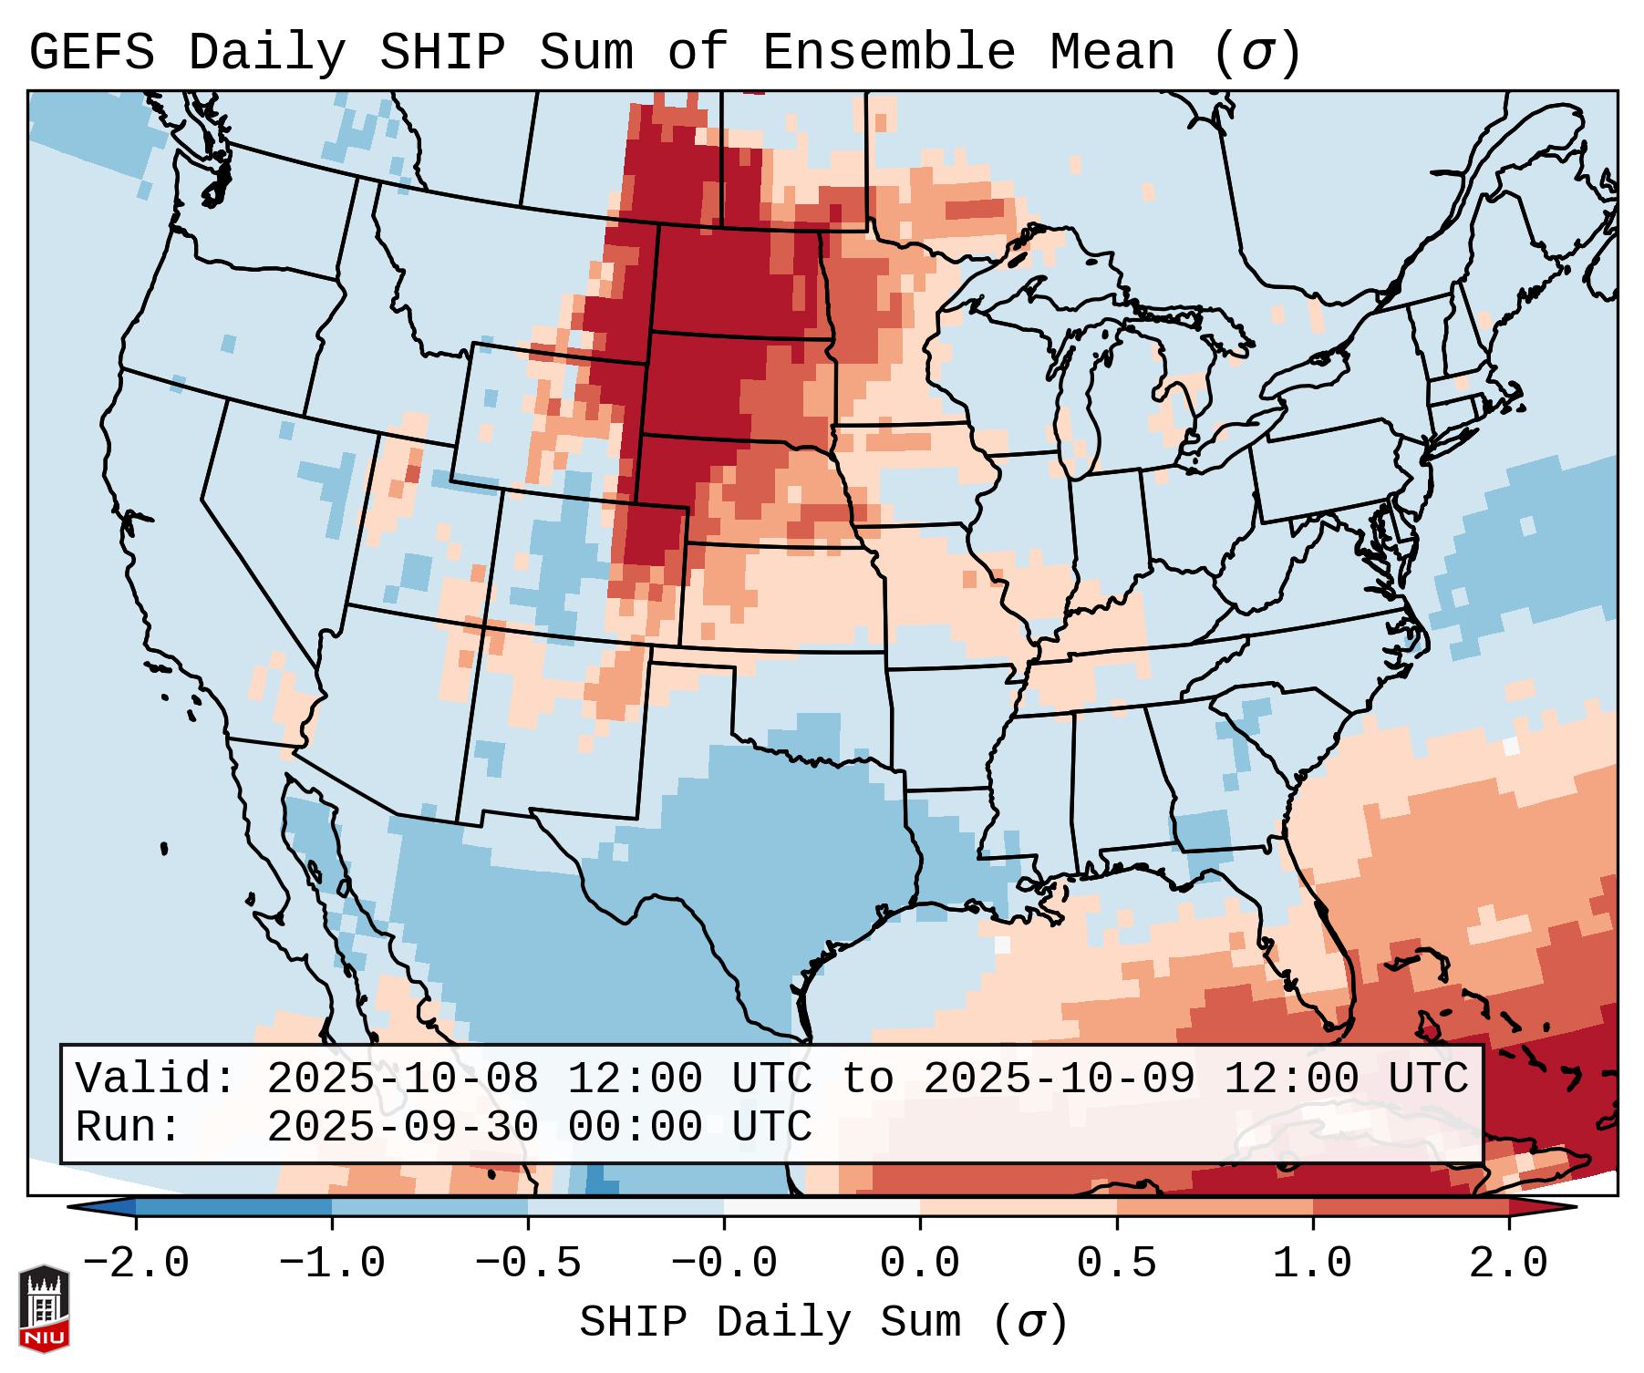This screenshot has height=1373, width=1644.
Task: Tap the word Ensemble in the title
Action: click(888, 53)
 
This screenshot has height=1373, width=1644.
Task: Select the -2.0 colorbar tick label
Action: click(136, 1264)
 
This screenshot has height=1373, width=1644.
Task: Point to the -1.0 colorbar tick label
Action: click(332, 1264)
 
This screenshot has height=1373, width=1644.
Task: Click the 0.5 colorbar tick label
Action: click(1116, 1264)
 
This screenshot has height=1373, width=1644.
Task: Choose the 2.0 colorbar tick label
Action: click(1508, 1264)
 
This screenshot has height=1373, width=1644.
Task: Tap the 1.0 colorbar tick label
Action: click(1312, 1264)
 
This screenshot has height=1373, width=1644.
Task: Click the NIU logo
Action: click(44, 1308)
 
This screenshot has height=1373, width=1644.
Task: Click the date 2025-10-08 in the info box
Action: click(403, 1079)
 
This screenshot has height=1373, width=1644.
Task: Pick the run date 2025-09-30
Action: click(403, 1128)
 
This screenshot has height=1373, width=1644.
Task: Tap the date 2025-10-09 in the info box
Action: click(1060, 1079)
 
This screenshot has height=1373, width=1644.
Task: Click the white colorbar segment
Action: click(822, 1207)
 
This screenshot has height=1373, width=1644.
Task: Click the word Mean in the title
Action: click(1112, 53)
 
